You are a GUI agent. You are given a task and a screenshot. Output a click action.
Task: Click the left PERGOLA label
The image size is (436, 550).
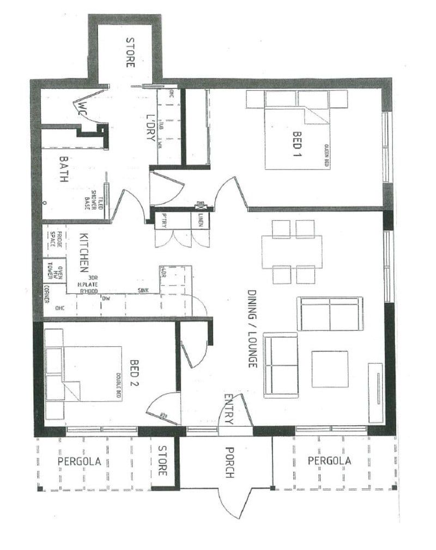tap(80, 461)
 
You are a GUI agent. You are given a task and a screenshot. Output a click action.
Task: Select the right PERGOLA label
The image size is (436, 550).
tap(329, 461)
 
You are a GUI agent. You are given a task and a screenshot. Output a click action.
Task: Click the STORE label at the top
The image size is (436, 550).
tap(130, 52)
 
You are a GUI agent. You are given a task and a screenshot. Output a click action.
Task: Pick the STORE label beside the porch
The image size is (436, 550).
tap(162, 461)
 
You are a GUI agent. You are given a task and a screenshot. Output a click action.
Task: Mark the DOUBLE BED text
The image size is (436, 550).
tap(118, 386)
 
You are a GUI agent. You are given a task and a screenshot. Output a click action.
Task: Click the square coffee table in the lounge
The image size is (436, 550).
tap(330, 369)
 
